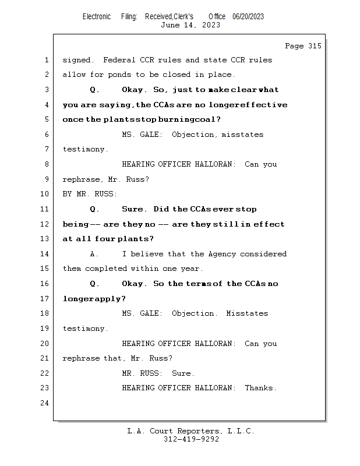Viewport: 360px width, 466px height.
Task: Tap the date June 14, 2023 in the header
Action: (190, 25)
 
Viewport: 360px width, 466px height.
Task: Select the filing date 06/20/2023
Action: (248, 16)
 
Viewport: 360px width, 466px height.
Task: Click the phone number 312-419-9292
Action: (191, 439)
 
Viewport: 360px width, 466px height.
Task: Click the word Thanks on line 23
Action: (260, 388)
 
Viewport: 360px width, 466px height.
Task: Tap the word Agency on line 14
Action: (222, 254)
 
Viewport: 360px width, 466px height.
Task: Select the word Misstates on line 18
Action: (247, 313)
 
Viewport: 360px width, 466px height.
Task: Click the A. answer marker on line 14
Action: (93, 254)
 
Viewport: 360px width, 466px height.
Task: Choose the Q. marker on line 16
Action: (94, 284)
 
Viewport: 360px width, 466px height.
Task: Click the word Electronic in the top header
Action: (97, 16)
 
